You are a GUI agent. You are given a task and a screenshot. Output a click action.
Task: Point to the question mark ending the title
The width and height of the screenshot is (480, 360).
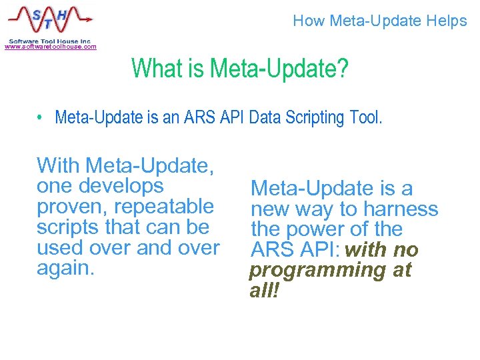point(343,68)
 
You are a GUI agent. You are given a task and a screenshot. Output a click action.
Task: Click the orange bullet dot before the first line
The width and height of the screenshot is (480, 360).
point(41,118)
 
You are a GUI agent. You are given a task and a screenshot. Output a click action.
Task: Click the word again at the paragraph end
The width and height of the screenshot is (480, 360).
point(63,268)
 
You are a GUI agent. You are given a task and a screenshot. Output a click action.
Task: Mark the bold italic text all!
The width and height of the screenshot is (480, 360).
point(263,291)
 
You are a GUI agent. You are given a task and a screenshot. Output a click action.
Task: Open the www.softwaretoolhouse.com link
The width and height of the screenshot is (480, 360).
point(50,47)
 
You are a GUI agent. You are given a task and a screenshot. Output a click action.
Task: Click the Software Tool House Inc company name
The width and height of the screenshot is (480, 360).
point(50,40)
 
